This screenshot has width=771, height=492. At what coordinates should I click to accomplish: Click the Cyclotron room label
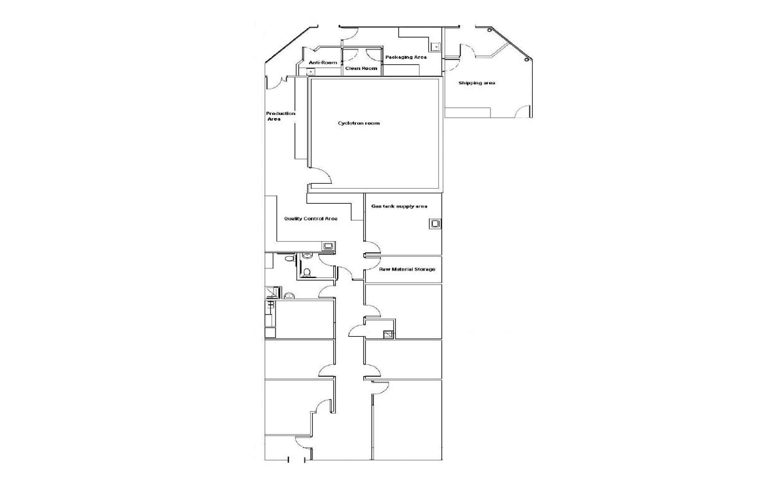coord(359,123)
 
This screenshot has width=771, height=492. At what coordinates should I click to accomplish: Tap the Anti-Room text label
coord(323,63)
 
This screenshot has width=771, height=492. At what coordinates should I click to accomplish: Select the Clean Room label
coord(361,69)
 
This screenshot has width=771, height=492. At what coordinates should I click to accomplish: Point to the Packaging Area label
coord(406,57)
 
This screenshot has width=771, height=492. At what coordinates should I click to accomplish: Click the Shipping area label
coord(477,83)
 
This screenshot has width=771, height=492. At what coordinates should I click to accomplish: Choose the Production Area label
coord(280,116)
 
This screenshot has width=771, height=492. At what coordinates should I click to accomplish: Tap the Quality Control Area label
coord(310,219)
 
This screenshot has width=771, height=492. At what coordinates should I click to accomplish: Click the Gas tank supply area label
coord(399,206)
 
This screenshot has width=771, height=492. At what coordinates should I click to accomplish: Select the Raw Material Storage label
coord(407,270)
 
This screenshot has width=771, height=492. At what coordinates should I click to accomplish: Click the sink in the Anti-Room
coord(312,71)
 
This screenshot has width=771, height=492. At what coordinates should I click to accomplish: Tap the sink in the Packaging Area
coord(436,47)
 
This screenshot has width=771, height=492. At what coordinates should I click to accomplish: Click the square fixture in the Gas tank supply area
coord(435,224)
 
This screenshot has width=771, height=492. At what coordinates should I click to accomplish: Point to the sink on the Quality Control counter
coord(328,245)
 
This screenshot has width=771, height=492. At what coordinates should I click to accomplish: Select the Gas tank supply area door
coord(372,249)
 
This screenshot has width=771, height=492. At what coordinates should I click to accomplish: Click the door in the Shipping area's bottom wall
coord(523,111)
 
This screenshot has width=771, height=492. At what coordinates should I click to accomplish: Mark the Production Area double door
coord(277,83)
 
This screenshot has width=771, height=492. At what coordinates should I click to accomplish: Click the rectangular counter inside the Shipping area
coord(468,113)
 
